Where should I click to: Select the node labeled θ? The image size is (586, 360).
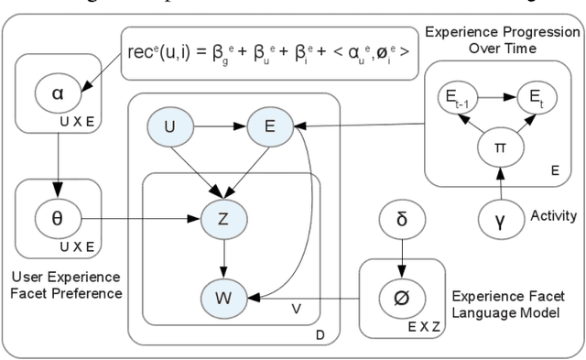tap(59, 220)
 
